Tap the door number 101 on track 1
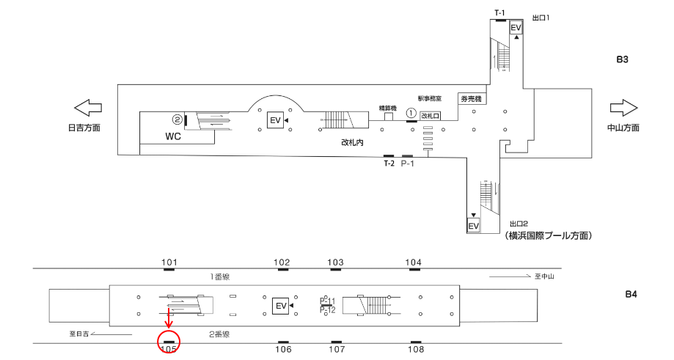pos(169,262)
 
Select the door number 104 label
pos(414,262)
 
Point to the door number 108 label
pos(416,350)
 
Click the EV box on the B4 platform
pos(279,305)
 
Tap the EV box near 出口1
pos(516,28)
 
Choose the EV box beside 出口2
pos(474,226)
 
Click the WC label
pos(173,136)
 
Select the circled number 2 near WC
pos(177,119)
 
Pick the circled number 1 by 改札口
pos(411,114)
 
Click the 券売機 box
pos(470,99)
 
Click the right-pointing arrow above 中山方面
pos(623,109)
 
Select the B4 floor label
pos(631,295)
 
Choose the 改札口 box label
pos(431,116)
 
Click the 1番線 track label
pos(221,276)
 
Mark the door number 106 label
pos(283,350)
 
